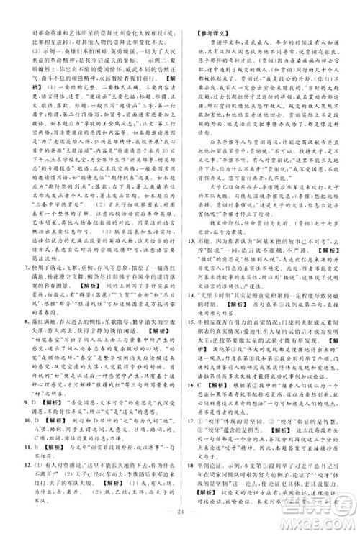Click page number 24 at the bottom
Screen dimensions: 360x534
(x=179, y=520)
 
